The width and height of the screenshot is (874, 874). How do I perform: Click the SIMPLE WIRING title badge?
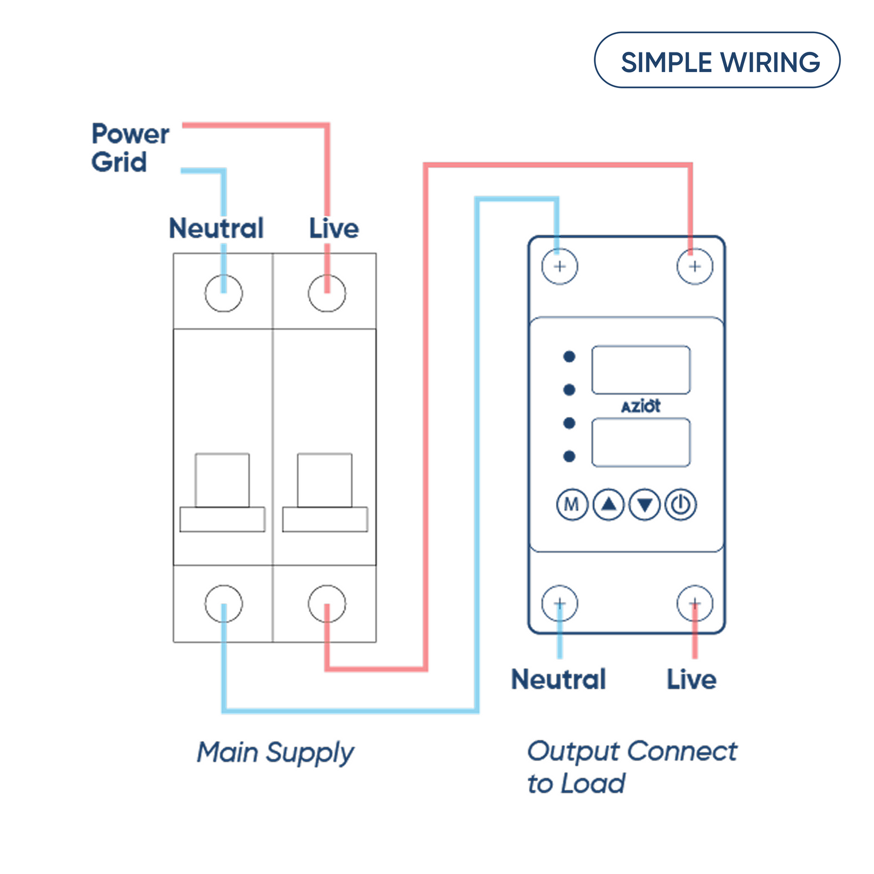pos(717,61)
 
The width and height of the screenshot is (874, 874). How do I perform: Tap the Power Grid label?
pos(129,147)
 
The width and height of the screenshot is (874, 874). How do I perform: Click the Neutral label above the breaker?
pos(216,228)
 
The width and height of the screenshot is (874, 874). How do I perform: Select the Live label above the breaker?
pos(334,228)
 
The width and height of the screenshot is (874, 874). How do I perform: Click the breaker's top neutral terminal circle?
pos(223,293)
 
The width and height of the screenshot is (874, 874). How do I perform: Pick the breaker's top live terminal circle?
pos(327,293)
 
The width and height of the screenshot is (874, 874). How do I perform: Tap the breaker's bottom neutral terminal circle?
pos(223,604)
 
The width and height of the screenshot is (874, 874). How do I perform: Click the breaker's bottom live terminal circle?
pos(327,604)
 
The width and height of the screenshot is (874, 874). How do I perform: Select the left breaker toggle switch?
pos(222,492)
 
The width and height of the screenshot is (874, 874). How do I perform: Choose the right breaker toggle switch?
pos(325,492)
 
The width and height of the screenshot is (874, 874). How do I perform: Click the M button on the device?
pos(571,504)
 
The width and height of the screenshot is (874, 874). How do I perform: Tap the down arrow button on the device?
pos(645,504)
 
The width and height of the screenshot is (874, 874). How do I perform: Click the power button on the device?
pos(681,504)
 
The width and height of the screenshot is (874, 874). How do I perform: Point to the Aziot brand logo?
pos(641,406)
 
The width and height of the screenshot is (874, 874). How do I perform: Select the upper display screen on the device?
pos(641,370)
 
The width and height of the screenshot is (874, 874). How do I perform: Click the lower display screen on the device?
pos(641,442)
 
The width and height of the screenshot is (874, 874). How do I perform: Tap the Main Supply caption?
pos(275,753)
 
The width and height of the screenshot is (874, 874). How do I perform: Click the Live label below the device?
pos(692,680)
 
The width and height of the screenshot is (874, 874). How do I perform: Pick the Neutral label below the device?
pos(558,680)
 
